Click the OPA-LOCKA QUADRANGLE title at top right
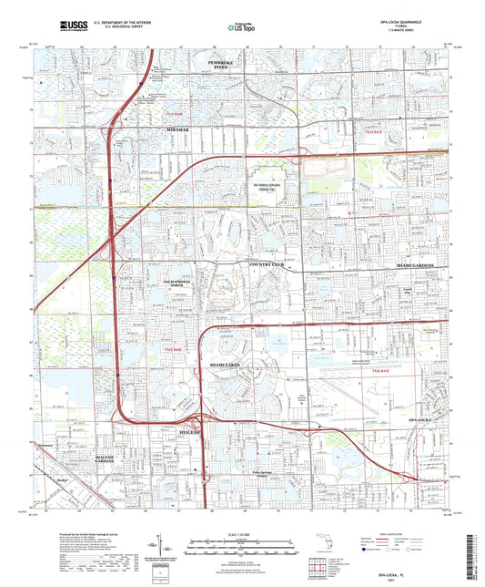pyautogui.click(x=414, y=19)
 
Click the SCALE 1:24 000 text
pyautogui.click(x=241, y=532)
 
